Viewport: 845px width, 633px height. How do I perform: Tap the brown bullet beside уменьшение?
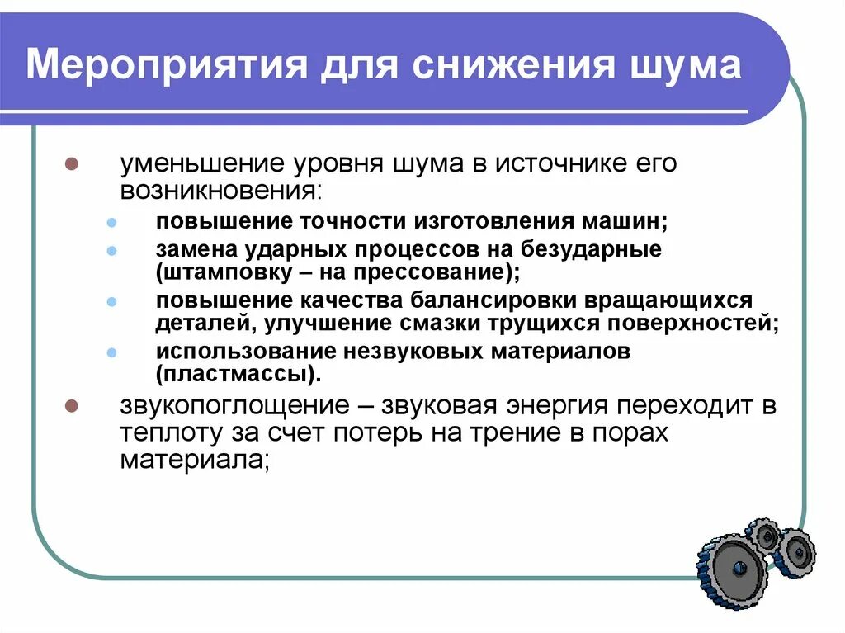pyautogui.click(x=71, y=163)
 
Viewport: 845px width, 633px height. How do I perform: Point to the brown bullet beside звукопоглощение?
pyautogui.click(x=71, y=406)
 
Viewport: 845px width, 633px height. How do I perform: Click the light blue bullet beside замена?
pyautogui.click(x=113, y=248)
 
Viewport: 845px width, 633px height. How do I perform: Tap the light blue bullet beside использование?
pyautogui.click(x=113, y=352)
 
